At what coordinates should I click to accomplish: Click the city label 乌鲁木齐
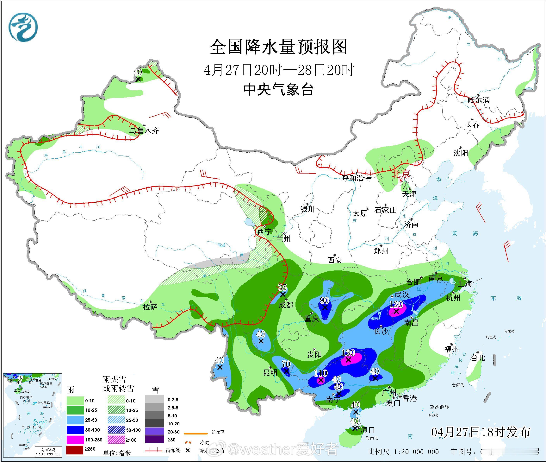point(144,130)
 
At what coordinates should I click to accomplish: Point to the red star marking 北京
point(400,180)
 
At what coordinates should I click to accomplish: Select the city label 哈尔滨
point(478,100)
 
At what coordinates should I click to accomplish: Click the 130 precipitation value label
point(348,352)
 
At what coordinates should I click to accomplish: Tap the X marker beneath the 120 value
point(396,311)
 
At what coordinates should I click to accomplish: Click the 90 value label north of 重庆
point(324,300)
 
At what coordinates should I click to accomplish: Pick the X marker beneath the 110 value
point(321,380)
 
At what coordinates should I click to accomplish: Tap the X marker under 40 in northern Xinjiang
point(138,79)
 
